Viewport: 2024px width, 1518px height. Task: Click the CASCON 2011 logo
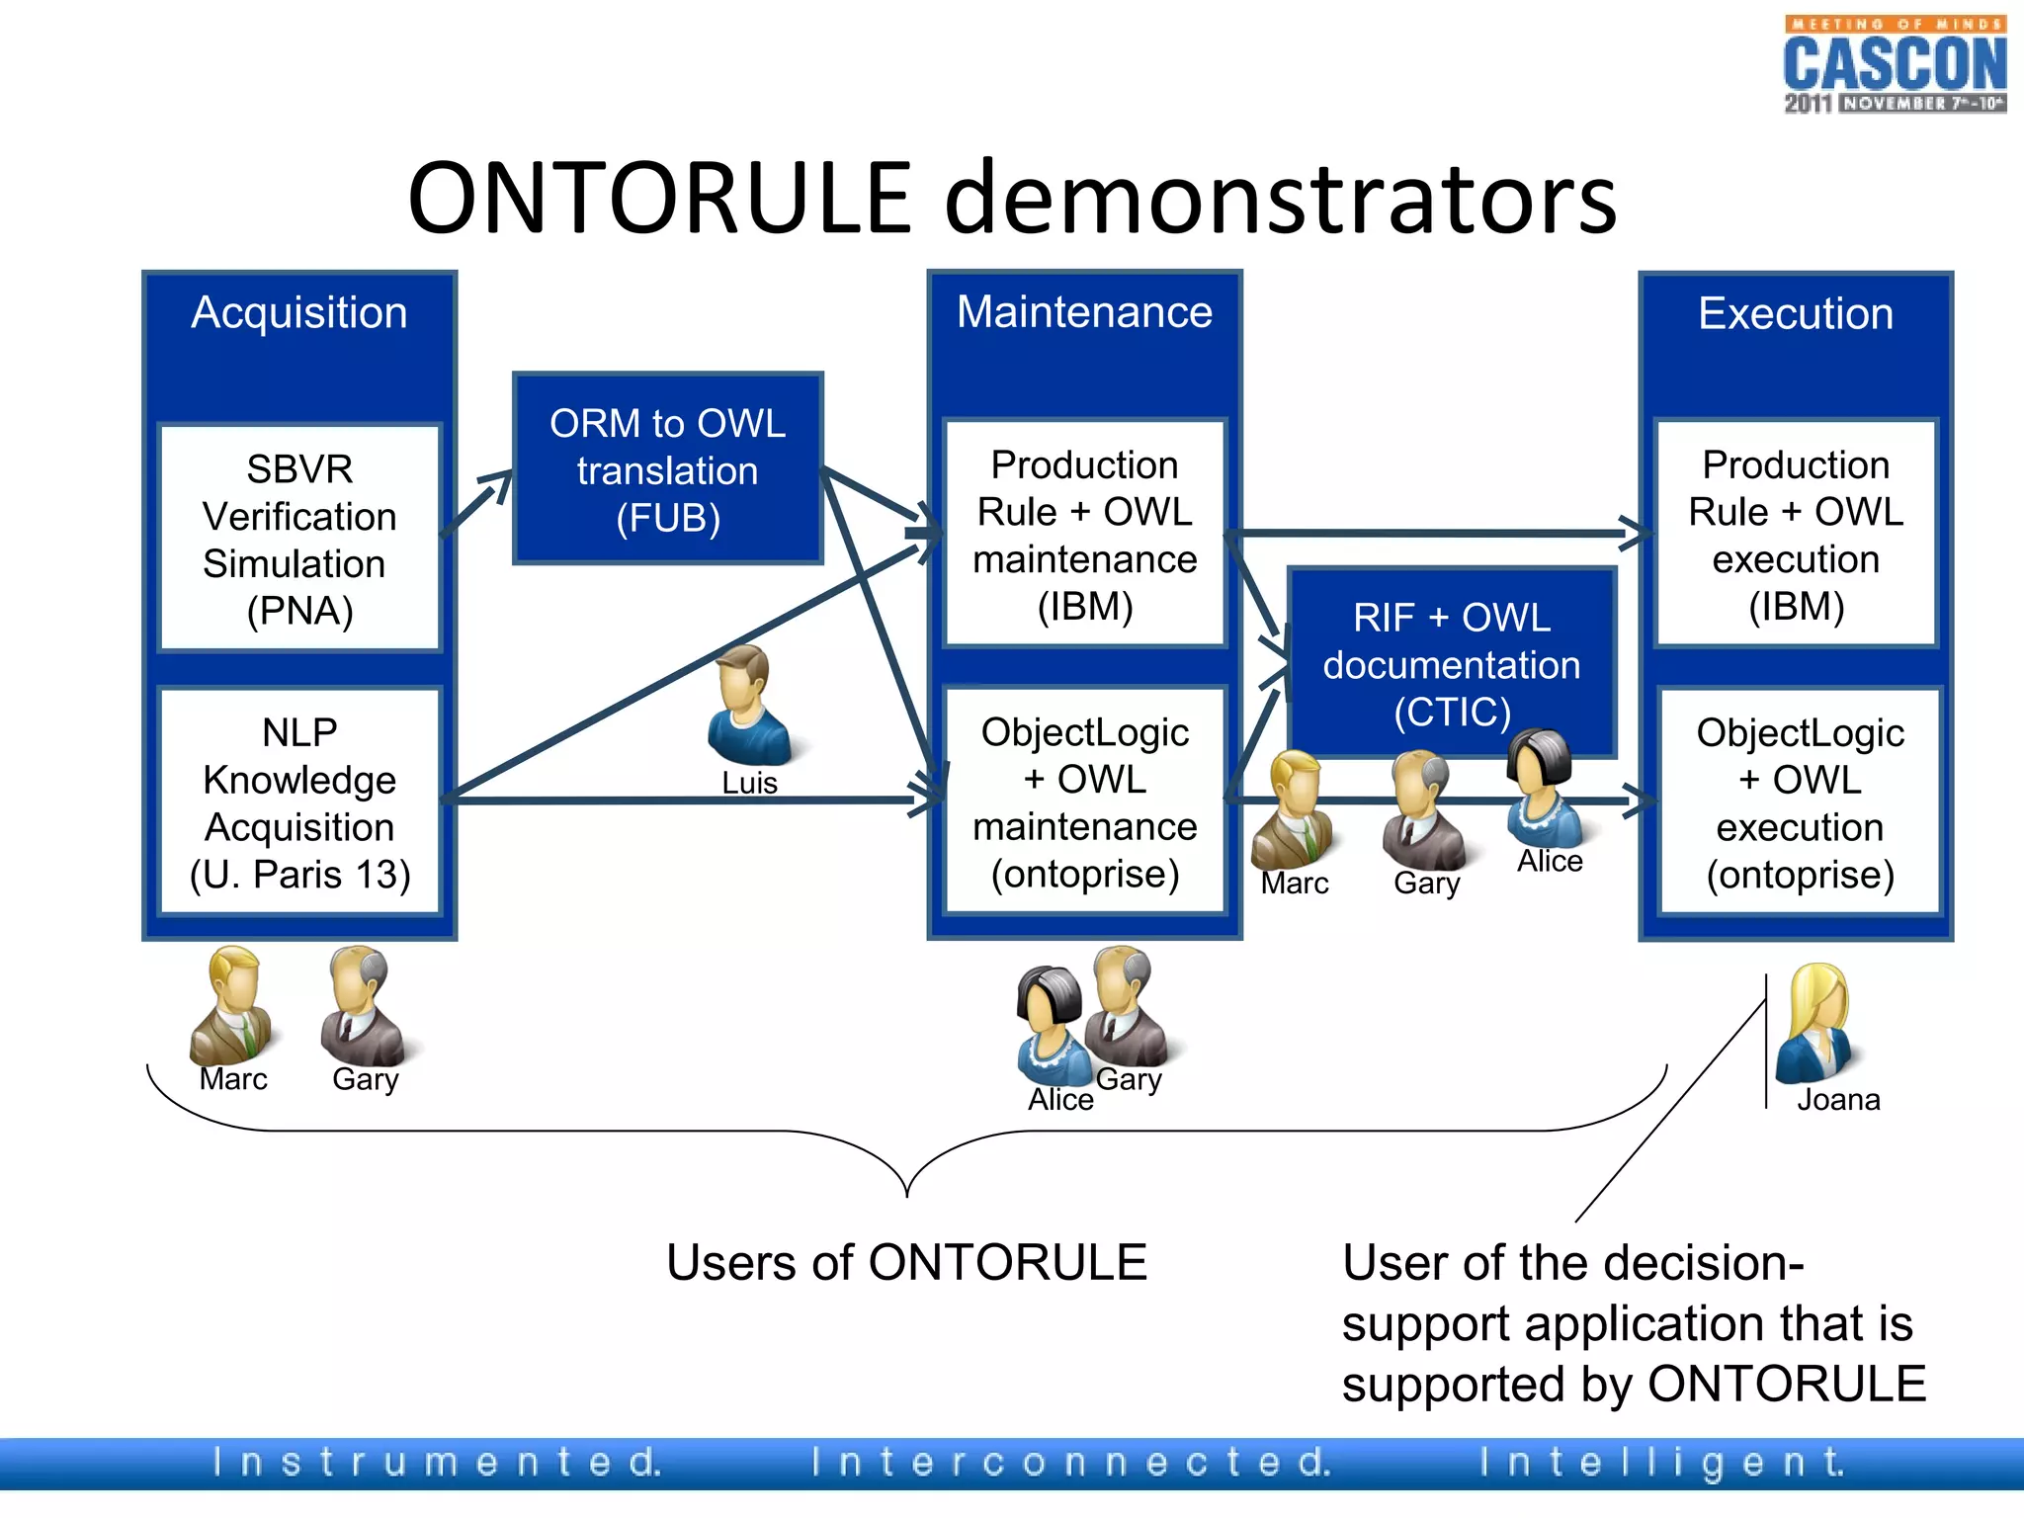pyautogui.click(x=1894, y=65)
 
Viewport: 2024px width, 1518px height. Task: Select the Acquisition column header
pyautogui.click(x=299, y=313)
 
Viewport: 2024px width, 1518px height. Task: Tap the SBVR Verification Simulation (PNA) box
pyautogui.click(x=299, y=539)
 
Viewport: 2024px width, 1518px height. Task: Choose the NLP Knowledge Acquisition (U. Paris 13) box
pyautogui.click(x=299, y=802)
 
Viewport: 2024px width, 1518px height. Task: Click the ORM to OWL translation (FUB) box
pyautogui.click(x=668, y=470)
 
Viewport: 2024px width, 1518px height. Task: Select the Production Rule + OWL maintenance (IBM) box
pyautogui.click(x=1084, y=535)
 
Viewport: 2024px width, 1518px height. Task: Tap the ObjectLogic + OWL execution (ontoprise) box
pyautogui.click(x=1799, y=802)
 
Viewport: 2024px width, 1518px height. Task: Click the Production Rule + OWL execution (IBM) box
pyautogui.click(x=1796, y=535)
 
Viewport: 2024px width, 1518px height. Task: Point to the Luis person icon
pyautogui.click(x=749, y=706)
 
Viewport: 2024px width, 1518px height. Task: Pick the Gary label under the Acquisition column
pyautogui.click(x=365, y=1079)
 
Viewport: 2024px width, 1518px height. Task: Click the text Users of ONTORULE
pyautogui.click(x=906, y=1263)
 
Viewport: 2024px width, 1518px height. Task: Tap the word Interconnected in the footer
pyautogui.click(x=1071, y=1462)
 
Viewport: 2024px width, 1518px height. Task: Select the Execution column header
pyautogui.click(x=1796, y=314)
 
